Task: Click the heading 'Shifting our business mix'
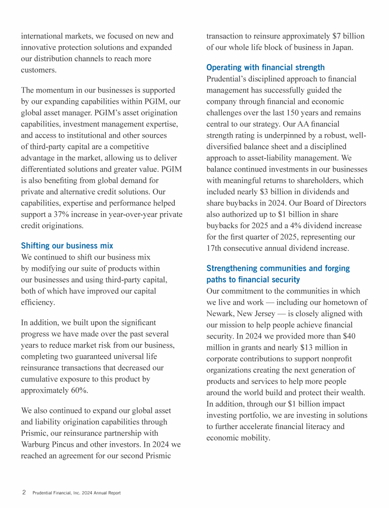tap(67, 246)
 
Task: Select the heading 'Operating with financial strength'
tap(265, 67)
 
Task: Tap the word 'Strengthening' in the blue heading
tap(231, 268)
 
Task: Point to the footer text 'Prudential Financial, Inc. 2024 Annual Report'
tap(76, 493)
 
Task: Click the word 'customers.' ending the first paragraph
tap(39, 70)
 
